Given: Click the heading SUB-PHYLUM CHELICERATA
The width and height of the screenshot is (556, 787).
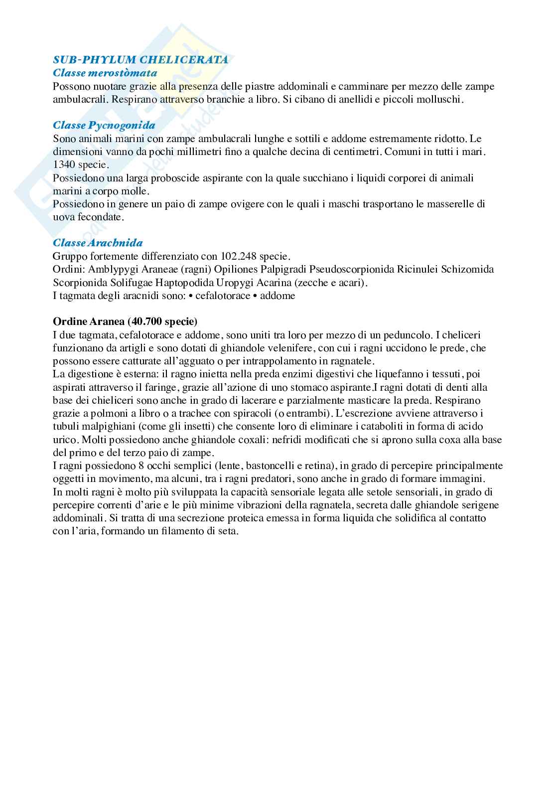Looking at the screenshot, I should (140, 60).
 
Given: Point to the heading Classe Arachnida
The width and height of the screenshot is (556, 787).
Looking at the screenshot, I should (98, 243).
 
